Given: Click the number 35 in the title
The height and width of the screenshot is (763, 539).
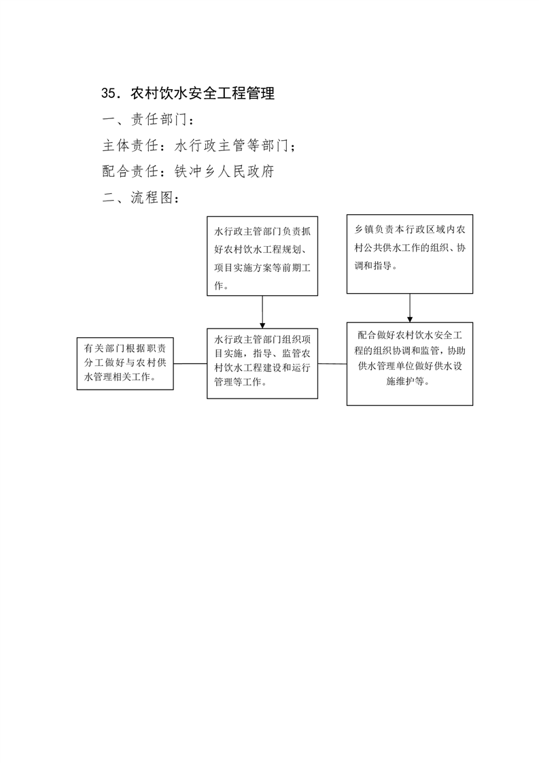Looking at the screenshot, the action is pyautogui.click(x=109, y=93).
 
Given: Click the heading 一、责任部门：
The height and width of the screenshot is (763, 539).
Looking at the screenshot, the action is pyautogui.click(x=148, y=119).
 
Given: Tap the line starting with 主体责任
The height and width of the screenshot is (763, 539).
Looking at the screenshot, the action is pyautogui.click(x=198, y=146).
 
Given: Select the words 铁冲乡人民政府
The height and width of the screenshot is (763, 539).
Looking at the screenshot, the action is pyautogui.click(x=224, y=171).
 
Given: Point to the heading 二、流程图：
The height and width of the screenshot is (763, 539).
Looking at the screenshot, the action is pyautogui.click(x=141, y=198).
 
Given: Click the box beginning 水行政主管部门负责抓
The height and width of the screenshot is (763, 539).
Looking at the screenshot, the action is pyautogui.click(x=262, y=256).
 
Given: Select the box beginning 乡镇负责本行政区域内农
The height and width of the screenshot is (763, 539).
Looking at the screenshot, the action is pyautogui.click(x=410, y=254).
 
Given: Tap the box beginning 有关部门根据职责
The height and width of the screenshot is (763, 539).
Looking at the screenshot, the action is pyautogui.click(x=125, y=364).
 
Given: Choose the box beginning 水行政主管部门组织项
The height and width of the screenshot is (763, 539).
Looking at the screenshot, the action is pyautogui.click(x=262, y=364).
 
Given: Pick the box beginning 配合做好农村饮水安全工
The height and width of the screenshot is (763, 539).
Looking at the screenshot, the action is pyautogui.click(x=410, y=364).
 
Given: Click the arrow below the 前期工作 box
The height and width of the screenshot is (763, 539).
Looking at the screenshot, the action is pyautogui.click(x=262, y=312).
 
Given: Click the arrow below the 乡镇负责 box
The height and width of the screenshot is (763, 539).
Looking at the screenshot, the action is pyautogui.click(x=410, y=308).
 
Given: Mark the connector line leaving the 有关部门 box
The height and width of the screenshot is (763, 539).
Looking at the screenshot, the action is pyautogui.click(x=190, y=364).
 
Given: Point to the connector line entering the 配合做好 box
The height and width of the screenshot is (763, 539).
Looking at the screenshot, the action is pyautogui.click(x=332, y=364).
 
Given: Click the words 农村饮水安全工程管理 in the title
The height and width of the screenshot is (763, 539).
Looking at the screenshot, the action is pyautogui.click(x=203, y=93).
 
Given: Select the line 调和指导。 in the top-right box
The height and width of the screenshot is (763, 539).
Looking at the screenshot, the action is pyautogui.click(x=376, y=266).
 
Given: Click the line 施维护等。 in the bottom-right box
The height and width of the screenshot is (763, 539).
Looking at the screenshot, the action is pyautogui.click(x=408, y=381).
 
